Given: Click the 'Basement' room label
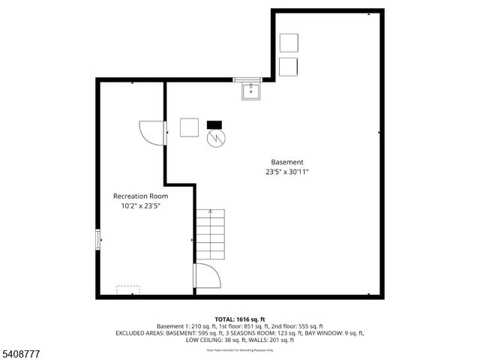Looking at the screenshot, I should tap(287, 162).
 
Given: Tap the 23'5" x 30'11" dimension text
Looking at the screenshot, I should tap(287, 172).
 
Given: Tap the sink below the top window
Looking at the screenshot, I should tap(250, 91).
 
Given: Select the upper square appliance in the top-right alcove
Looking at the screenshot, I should tap(289, 43).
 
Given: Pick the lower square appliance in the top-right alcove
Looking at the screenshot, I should tap(289, 66).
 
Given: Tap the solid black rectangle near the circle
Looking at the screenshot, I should tap(215, 124).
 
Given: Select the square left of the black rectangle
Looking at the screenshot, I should tap(189, 127).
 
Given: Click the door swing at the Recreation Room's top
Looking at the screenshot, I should tap(153, 133).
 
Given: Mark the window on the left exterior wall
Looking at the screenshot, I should tap(97, 239).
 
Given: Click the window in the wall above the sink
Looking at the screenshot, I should tap(247, 79).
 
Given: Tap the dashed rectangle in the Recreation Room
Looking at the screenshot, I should tap(128, 289).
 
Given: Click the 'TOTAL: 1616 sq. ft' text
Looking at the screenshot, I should tap(240, 319).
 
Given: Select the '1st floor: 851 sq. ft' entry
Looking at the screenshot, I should tap(233, 326).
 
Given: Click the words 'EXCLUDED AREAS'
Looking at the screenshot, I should tap(139, 333).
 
